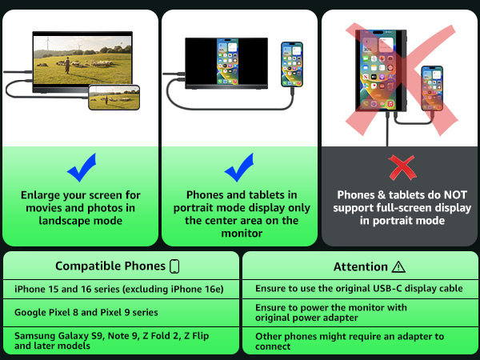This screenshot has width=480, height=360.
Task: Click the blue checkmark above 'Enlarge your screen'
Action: pyautogui.click(x=81, y=169)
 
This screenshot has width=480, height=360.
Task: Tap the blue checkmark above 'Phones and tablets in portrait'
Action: pyautogui.click(x=238, y=169)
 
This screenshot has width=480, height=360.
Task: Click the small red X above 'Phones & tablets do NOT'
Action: pyautogui.click(x=402, y=168)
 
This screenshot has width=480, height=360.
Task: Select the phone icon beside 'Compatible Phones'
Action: pyautogui.click(x=174, y=266)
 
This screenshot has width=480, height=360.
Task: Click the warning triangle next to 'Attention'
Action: pyautogui.click(x=398, y=267)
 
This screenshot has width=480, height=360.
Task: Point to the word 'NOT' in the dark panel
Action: pyautogui.click(x=455, y=195)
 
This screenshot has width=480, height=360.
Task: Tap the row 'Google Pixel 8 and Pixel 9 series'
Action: pyautogui.click(x=86, y=312)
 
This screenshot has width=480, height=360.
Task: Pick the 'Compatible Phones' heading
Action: pyautogui.click(x=110, y=266)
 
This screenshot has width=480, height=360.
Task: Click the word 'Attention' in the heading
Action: pyautogui.click(x=361, y=266)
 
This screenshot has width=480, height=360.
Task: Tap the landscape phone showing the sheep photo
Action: pyautogui.click(x=114, y=98)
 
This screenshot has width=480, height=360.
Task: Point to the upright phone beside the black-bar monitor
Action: pyautogui.click(x=292, y=64)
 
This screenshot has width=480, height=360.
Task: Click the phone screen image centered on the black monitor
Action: pyautogui.click(x=227, y=62)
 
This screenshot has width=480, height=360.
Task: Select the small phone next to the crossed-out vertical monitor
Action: pyautogui.click(x=432, y=88)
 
